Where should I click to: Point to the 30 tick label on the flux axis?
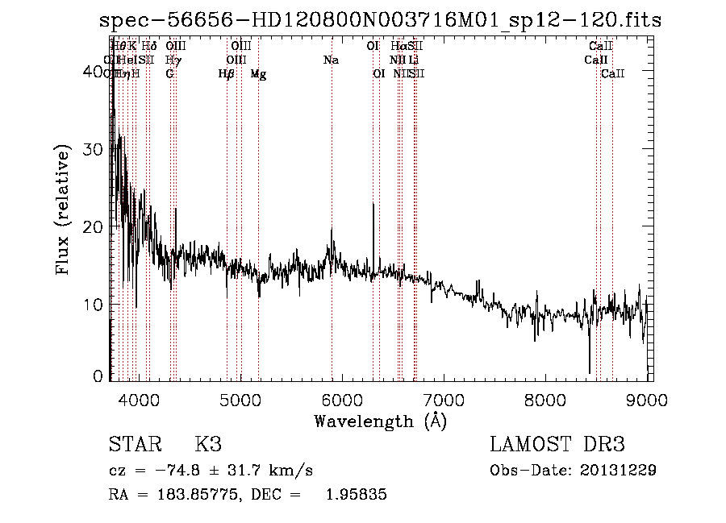coord(95,150)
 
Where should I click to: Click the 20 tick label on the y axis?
coord(95,227)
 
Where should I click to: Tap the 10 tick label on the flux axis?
coord(95,305)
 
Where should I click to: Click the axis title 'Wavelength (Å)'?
coord(380,421)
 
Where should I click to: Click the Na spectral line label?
coord(331,60)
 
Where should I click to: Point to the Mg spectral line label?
coord(258,74)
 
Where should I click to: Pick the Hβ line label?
coord(226,74)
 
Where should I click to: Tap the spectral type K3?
coord(207,445)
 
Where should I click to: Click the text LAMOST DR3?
coord(557,445)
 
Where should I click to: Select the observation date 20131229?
coord(618,470)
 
